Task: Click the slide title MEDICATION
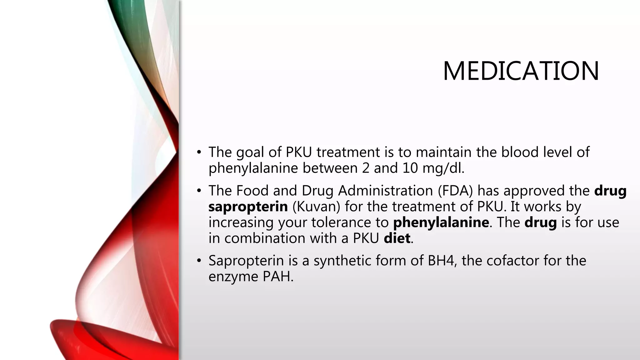(521, 71)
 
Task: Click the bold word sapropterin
(248, 207)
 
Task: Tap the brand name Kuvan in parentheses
(316, 207)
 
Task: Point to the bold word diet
(397, 238)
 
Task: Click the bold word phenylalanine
(441, 222)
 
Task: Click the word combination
(265, 238)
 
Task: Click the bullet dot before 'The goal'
(199, 152)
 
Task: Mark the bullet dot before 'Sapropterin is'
(199, 261)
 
